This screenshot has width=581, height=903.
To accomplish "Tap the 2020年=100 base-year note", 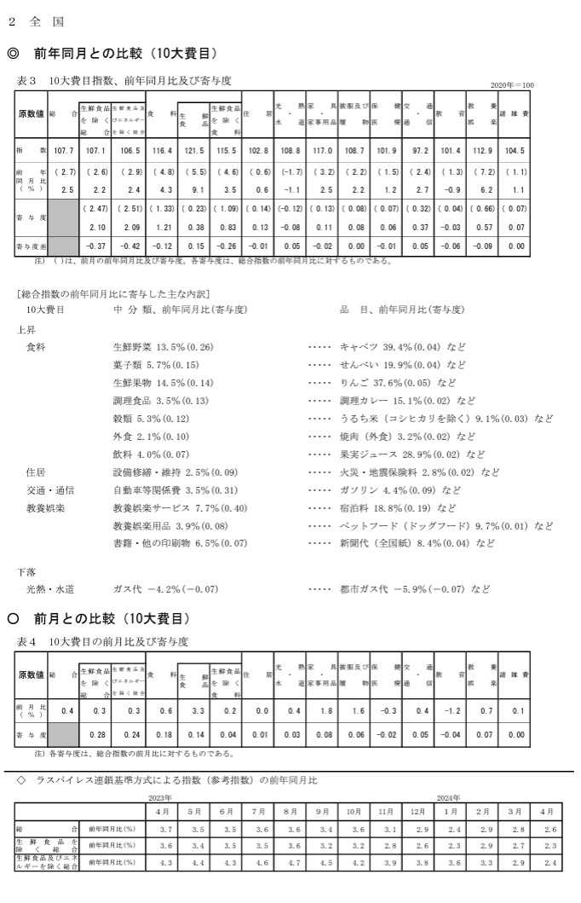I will (513, 85).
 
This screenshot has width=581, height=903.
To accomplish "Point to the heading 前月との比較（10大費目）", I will (112, 617).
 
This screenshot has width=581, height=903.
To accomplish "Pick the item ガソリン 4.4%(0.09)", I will (400, 490).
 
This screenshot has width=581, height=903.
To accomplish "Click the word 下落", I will (26, 570).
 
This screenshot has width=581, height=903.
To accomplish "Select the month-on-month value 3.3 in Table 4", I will (196, 709).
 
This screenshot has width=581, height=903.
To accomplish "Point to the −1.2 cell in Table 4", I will (450, 709).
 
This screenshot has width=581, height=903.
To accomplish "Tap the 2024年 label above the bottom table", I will (449, 798).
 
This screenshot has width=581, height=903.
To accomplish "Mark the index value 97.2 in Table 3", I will (418, 151).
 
